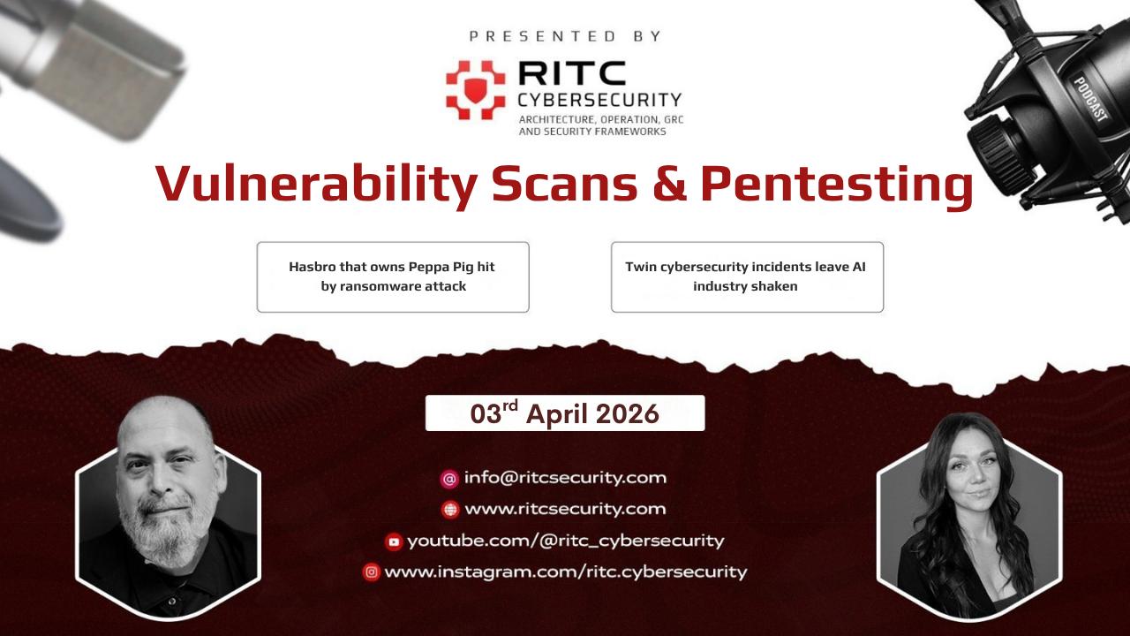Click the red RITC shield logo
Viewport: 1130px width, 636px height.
pos(475,90)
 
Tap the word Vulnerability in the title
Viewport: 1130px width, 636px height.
pos(316,185)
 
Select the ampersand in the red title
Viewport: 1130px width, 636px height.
pos(669,182)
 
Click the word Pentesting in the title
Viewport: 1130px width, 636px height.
pos(837,185)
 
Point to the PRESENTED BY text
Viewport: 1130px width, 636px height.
pos(565,36)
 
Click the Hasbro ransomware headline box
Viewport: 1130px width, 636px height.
pos(393,277)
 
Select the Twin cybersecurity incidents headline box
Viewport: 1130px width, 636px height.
pos(747,277)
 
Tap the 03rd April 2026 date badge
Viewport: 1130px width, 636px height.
pos(565,413)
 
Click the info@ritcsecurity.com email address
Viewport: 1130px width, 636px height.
pos(566,478)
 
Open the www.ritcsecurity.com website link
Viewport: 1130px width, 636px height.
pos(566,509)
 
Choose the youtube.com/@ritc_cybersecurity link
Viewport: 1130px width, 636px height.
pos(566,541)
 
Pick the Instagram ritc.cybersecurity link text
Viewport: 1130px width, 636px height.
pos(566,572)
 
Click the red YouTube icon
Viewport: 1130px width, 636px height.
pos(394,542)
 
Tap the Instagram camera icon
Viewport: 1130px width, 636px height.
pos(372,572)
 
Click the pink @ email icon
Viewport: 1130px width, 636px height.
pos(449,479)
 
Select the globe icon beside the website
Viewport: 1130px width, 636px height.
pos(450,510)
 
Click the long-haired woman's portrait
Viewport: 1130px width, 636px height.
pos(969,517)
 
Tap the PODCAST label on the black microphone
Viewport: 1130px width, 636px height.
pos(1090,99)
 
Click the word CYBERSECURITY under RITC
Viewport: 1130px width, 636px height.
pos(599,100)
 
